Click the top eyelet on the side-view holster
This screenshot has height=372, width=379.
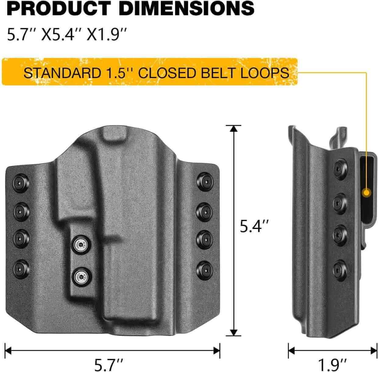pyautogui.click(x=339, y=168)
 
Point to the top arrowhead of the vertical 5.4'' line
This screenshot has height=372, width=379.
pyautogui.click(x=234, y=129)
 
